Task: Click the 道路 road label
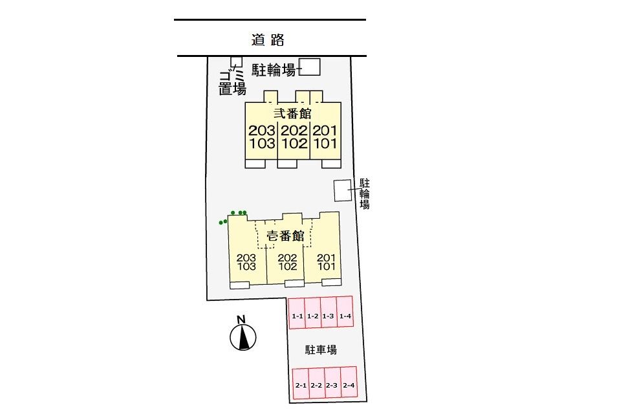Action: coord(268,39)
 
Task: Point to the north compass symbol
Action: coord(243,336)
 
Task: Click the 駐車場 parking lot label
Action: coord(321,350)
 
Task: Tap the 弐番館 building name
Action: coord(292,113)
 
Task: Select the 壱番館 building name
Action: coord(285,236)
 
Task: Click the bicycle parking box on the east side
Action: coord(341,190)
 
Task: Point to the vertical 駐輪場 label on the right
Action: coord(365,194)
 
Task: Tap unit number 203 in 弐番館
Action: coord(261,130)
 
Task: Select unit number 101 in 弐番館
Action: coord(325,143)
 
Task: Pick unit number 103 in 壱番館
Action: coord(247,266)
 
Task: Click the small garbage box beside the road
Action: coord(237,61)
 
